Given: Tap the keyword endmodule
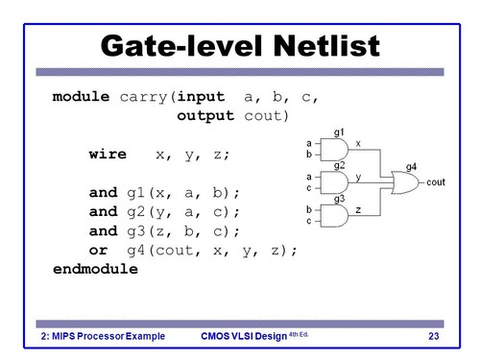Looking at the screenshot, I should [x=96, y=270].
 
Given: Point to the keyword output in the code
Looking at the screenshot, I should [x=209, y=117].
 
